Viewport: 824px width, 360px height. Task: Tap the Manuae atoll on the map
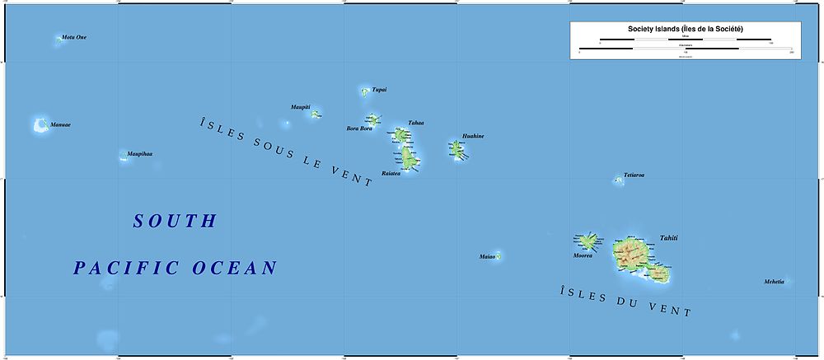(39, 125)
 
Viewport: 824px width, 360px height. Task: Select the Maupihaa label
(140, 154)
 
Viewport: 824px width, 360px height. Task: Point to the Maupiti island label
(300, 107)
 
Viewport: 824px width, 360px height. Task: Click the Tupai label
(379, 89)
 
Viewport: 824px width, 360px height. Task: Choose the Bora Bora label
(360, 129)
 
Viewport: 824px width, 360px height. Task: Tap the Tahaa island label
(416, 123)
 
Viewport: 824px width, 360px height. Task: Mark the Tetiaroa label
(634, 175)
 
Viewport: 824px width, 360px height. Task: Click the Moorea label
(583, 255)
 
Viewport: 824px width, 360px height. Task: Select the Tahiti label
(669, 238)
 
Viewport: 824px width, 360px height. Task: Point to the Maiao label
(487, 257)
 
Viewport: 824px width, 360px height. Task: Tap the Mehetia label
(774, 282)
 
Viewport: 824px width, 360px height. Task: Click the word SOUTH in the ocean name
(175, 221)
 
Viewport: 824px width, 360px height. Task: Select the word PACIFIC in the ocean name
(126, 268)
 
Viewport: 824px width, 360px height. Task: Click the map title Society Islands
(673, 29)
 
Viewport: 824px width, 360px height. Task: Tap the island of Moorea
(588, 241)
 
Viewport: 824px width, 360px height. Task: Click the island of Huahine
(457, 150)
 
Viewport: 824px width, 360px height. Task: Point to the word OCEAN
(235, 268)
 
